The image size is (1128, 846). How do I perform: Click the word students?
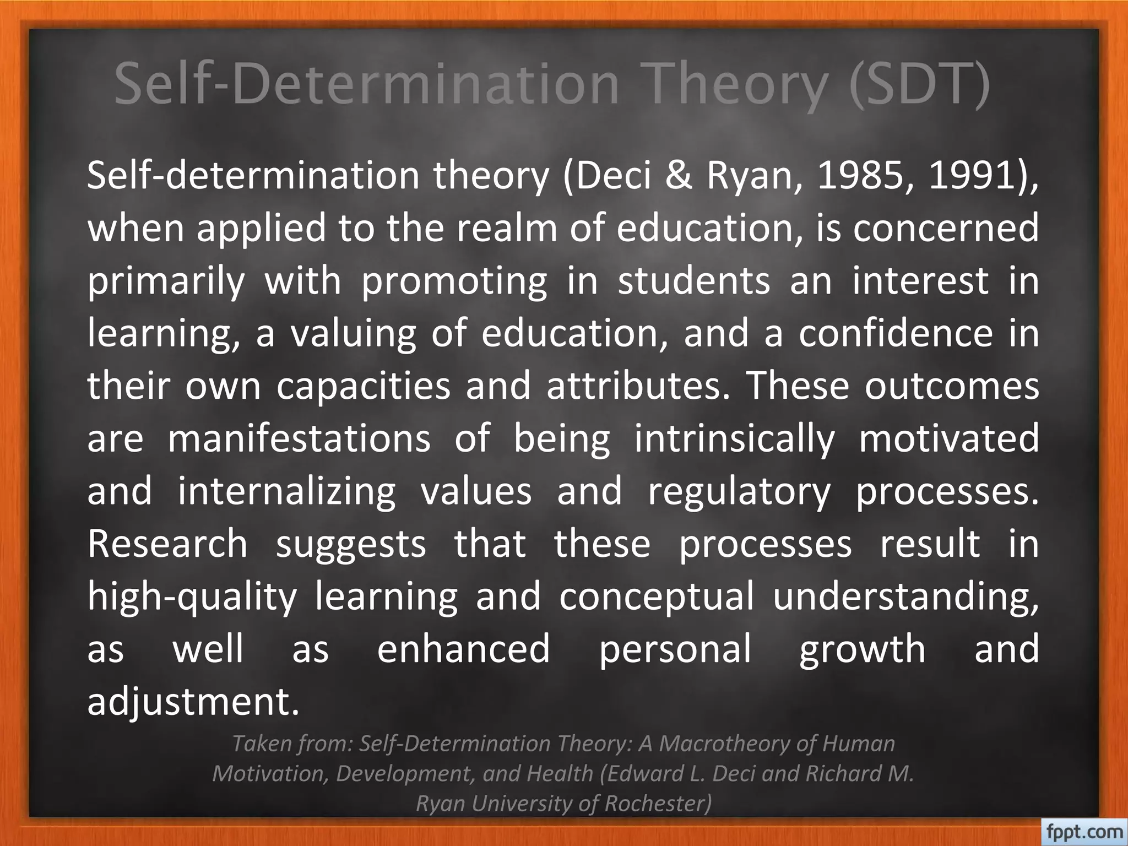click(693, 281)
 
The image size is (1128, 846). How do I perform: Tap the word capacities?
click(364, 386)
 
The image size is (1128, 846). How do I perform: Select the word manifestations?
click(299, 439)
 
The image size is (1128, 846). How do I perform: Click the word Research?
click(167, 544)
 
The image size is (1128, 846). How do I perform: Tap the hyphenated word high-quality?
click(192, 596)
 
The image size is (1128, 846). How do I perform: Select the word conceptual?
click(656, 596)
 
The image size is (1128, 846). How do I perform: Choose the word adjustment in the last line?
click(193, 702)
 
